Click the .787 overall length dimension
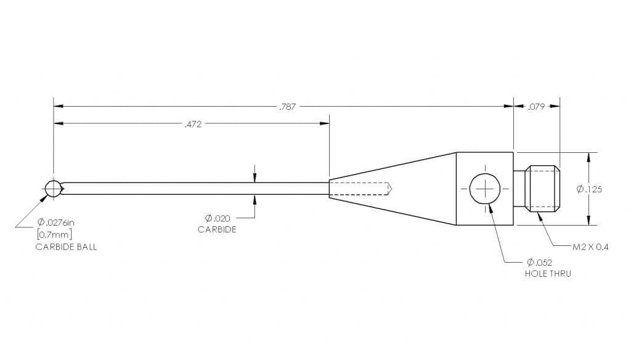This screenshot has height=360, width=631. click(x=287, y=107)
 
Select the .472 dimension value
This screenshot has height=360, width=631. click(x=193, y=125)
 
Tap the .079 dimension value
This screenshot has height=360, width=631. click(x=536, y=107)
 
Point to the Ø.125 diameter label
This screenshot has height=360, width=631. click(x=589, y=189)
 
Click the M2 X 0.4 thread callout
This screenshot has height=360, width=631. click(x=590, y=247)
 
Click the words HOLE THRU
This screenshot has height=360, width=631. click(x=547, y=273)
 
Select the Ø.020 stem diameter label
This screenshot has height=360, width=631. click(x=218, y=218)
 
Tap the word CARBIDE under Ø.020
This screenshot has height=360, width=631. click(x=217, y=229)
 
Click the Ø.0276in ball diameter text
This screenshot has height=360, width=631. click(x=59, y=222)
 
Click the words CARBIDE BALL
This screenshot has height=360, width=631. click(x=66, y=247)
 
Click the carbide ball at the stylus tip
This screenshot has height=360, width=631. click(x=54, y=189)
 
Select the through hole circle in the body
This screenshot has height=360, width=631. click(x=485, y=189)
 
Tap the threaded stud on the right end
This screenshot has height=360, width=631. click(x=542, y=189)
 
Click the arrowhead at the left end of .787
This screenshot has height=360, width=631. click(x=59, y=107)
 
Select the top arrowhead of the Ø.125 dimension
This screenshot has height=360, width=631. click(x=589, y=156)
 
